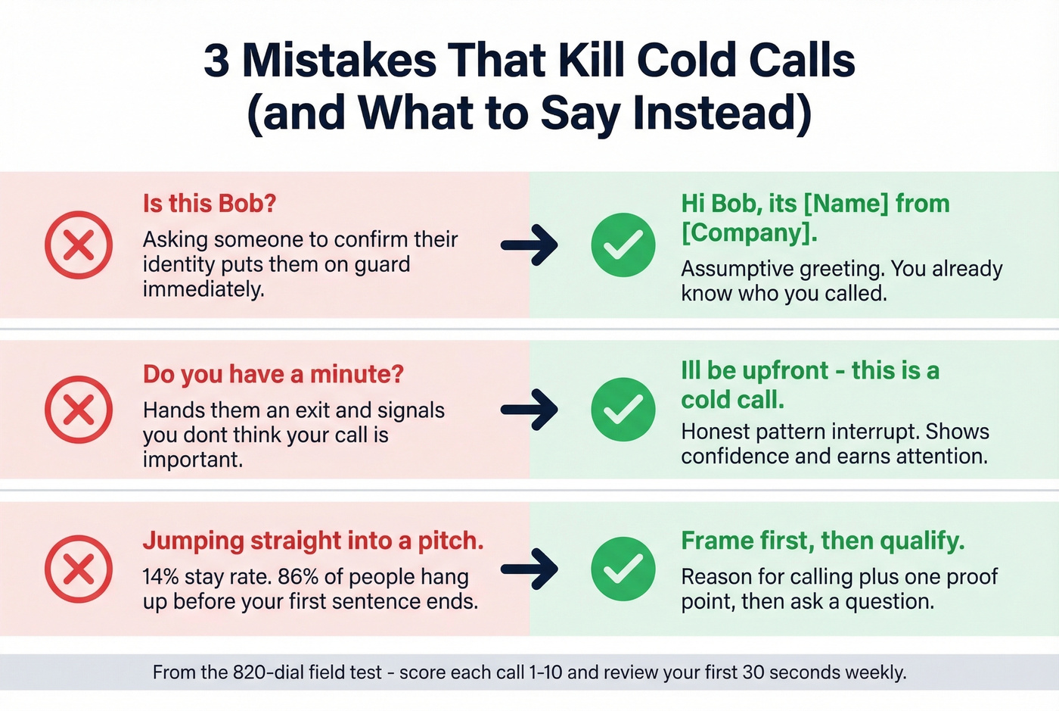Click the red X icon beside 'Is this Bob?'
[79, 245]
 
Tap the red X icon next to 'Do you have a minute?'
[79, 410]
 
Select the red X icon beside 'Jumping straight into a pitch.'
[79, 569]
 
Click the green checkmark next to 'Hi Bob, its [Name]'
[623, 245]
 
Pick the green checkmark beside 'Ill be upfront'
[623, 410]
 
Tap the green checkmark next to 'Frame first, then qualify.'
[623, 569]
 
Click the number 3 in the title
[216, 61]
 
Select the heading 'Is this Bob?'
[210, 204]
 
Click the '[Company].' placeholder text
[749, 232]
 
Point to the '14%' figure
[160, 577]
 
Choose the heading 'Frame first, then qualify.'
[822, 541]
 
